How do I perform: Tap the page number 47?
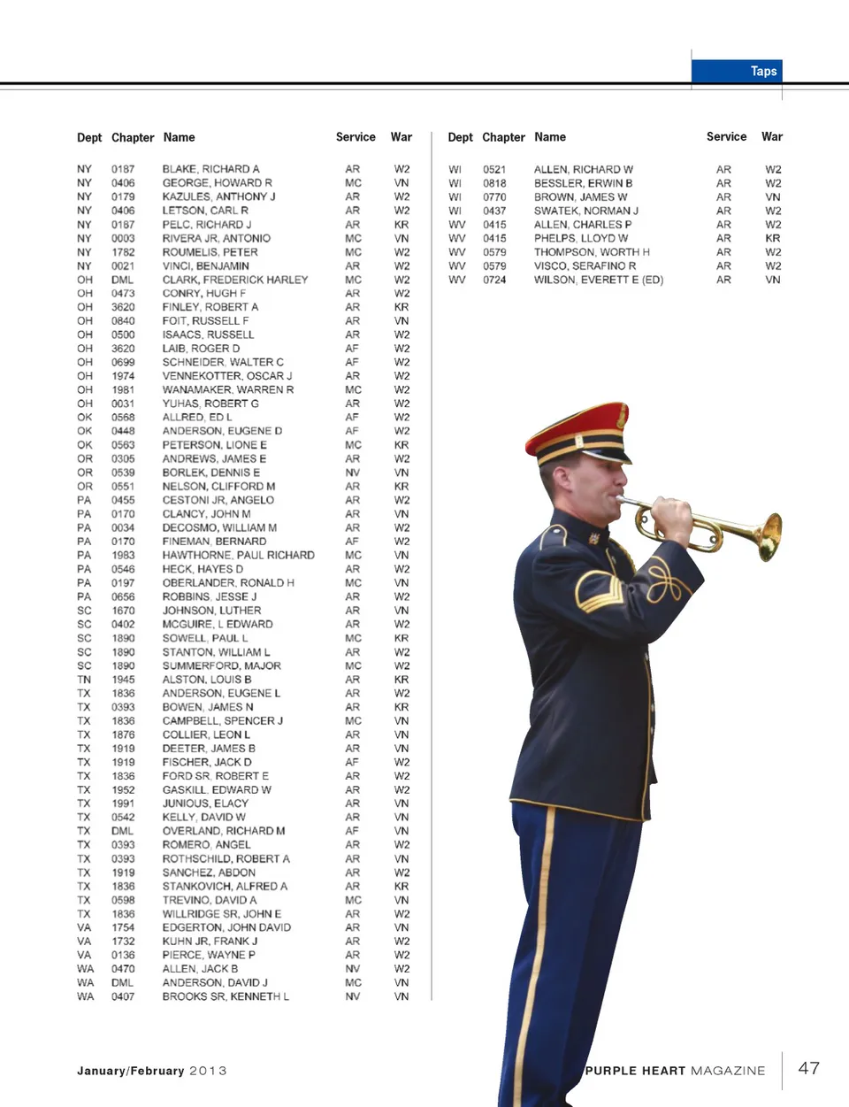click(808, 1068)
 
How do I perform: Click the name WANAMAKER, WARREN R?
click(227, 389)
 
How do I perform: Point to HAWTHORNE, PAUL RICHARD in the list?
click(238, 555)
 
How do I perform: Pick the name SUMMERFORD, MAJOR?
click(221, 665)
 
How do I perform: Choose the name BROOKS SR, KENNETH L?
click(225, 996)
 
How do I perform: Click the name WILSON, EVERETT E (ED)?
click(598, 280)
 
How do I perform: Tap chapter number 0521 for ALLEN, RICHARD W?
click(494, 169)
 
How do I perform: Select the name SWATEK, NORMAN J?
click(585, 211)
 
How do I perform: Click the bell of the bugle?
click(769, 536)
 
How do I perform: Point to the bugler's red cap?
click(577, 426)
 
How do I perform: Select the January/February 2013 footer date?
click(151, 1071)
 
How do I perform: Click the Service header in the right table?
click(726, 136)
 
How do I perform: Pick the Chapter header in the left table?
click(133, 137)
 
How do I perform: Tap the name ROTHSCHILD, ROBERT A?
click(226, 858)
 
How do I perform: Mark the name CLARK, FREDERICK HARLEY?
click(234, 280)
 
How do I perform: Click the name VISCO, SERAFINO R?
click(585, 265)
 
